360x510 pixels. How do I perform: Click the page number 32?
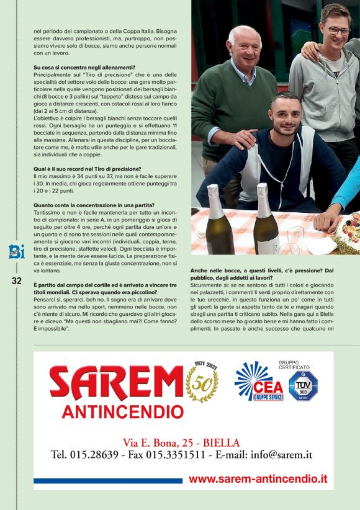pos(16,281)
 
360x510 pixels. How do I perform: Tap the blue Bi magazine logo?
pos(16,251)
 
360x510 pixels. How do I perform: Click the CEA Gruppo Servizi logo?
pos(259,382)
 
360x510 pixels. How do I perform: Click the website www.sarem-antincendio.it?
pos(258,479)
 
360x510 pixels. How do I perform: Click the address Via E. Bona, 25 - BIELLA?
pos(181,442)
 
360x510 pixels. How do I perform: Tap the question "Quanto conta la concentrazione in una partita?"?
pos(94,205)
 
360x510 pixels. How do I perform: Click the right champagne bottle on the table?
pos(266,223)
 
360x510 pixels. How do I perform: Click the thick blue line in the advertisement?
pos(108,480)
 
